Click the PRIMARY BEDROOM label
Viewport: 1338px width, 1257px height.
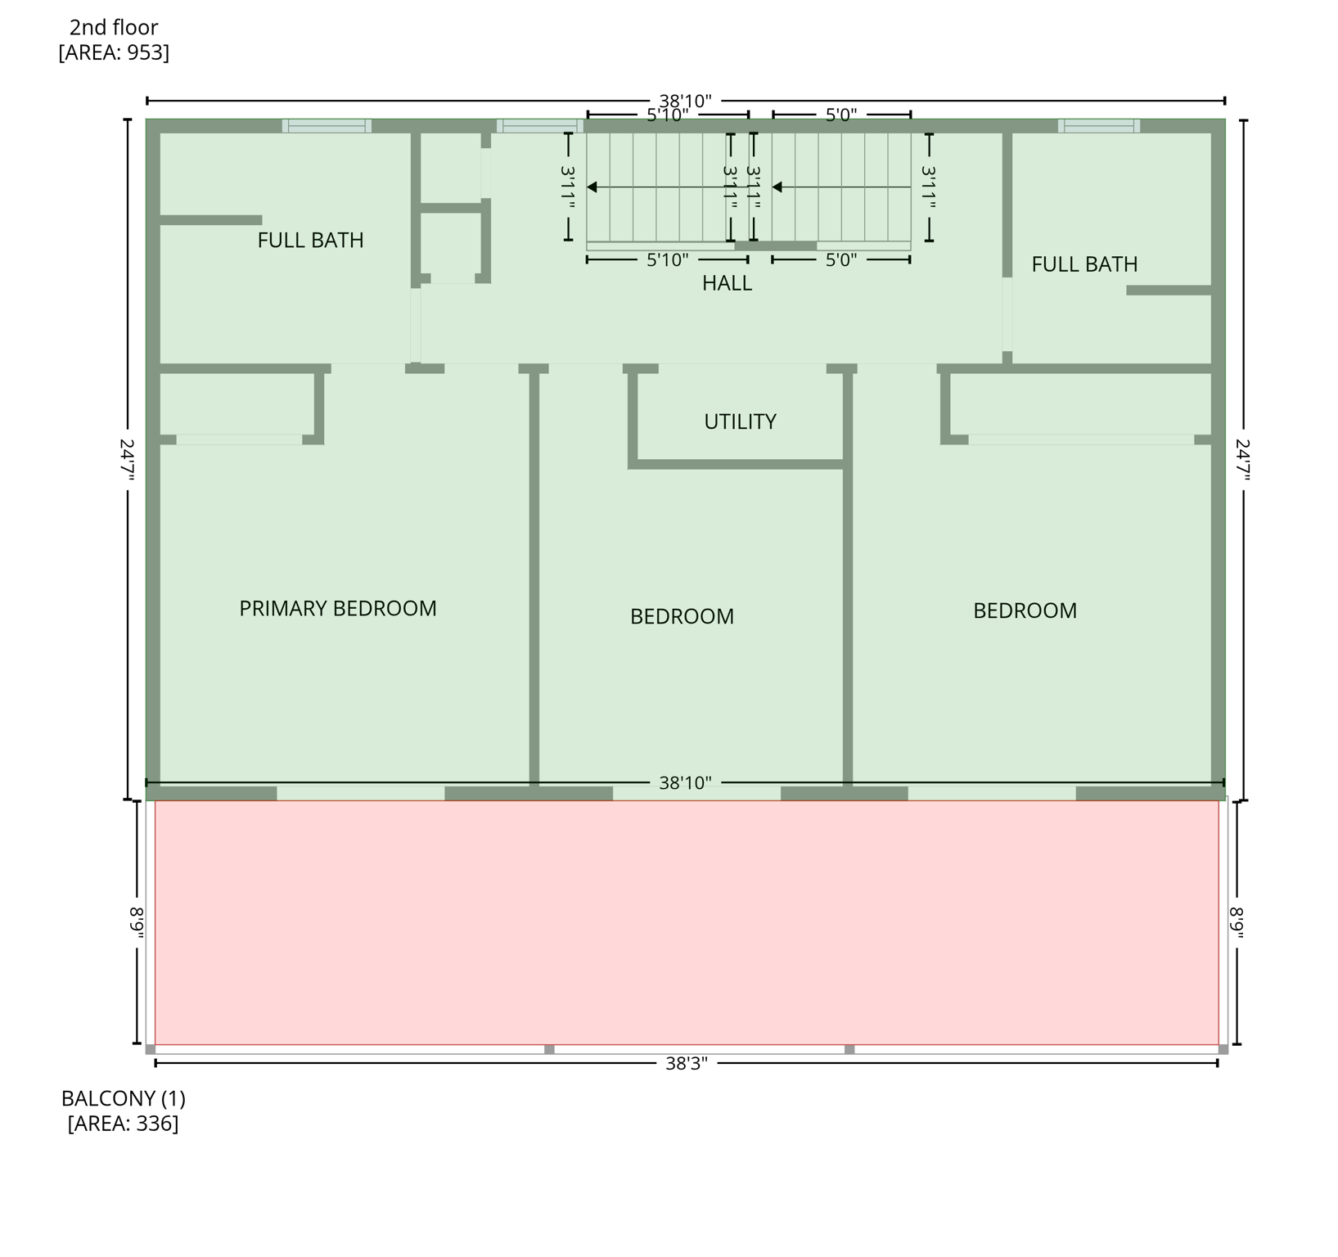click(337, 609)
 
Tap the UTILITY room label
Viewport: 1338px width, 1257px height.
click(740, 421)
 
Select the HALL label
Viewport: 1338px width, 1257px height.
click(727, 283)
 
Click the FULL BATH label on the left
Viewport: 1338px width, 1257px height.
click(310, 241)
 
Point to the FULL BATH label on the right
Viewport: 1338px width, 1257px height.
click(1084, 264)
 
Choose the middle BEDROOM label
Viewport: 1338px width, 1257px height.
click(682, 616)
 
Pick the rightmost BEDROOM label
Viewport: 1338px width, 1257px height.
click(1025, 610)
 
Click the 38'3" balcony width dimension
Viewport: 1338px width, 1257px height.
click(686, 1063)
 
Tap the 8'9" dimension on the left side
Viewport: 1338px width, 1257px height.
click(137, 923)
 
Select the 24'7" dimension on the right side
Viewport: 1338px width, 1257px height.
click(1243, 460)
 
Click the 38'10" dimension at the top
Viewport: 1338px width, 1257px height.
click(685, 101)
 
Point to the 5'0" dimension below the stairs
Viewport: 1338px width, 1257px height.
click(840, 260)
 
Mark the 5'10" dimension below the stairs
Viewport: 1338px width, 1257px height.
click(667, 260)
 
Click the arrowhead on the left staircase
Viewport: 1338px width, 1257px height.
click(592, 187)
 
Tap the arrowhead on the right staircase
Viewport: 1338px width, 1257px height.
click(777, 187)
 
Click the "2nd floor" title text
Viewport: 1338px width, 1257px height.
click(114, 28)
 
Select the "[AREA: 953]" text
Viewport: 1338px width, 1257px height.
click(114, 52)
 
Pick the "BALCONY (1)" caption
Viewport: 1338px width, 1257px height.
click(124, 1098)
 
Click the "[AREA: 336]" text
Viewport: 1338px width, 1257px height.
click(123, 1124)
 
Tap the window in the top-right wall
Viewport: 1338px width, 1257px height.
click(1098, 126)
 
